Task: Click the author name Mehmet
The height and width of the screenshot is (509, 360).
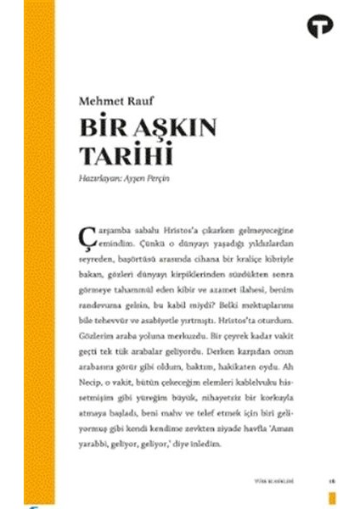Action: (99, 103)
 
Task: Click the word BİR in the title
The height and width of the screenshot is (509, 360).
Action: (98, 129)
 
